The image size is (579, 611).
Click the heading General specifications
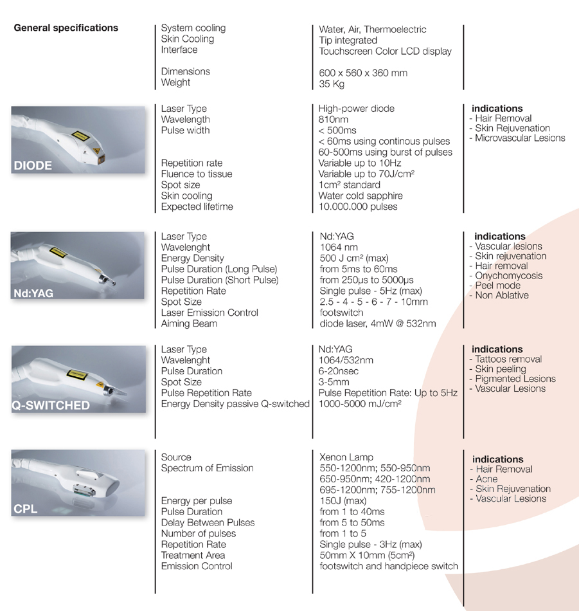(66, 28)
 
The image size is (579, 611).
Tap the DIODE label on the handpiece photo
(33, 166)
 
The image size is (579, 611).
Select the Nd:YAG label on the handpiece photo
(33, 293)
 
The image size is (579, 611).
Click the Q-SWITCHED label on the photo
(51, 406)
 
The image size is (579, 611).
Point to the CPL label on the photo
(26, 509)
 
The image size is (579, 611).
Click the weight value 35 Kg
(332, 84)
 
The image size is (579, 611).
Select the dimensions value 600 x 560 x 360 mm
(363, 73)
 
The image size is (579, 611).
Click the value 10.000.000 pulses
(358, 206)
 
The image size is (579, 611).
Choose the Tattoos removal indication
(508, 360)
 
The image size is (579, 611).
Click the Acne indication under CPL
(486, 479)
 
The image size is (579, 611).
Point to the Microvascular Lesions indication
(520, 138)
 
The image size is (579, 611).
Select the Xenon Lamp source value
(346, 457)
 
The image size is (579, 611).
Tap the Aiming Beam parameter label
(189, 324)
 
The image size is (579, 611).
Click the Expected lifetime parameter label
(197, 206)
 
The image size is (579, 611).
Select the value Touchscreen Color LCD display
(386, 51)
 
